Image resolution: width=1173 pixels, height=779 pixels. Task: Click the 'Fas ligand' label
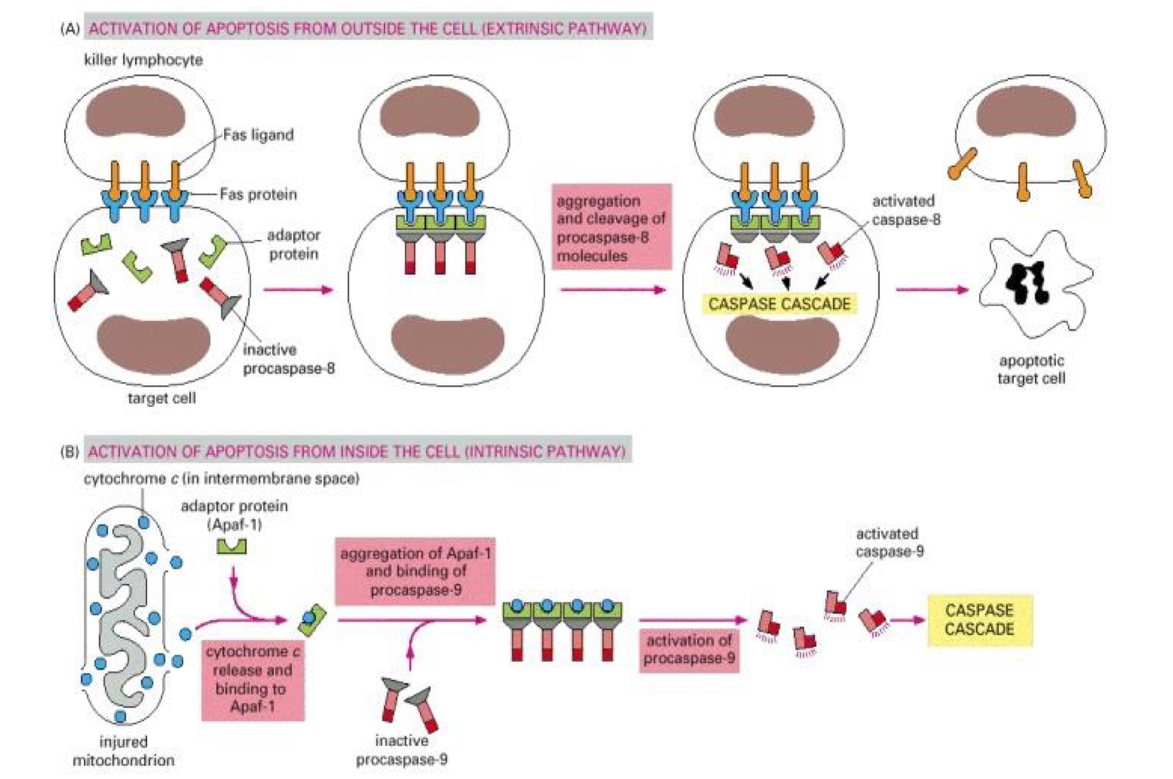[258, 135]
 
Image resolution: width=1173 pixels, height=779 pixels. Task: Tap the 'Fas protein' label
[258, 194]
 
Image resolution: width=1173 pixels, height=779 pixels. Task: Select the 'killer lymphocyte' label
[144, 60]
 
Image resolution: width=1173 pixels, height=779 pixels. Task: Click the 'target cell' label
[161, 398]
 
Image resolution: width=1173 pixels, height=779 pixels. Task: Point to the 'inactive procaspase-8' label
[288, 359]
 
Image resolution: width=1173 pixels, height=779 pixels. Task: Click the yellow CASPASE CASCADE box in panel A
[779, 304]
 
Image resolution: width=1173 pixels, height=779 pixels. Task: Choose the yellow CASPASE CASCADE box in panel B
[979, 620]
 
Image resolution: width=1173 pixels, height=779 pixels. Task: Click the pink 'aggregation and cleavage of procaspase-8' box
[611, 228]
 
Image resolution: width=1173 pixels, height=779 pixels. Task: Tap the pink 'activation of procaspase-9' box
[689, 649]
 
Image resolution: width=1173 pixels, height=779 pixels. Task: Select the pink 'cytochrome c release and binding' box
[253, 679]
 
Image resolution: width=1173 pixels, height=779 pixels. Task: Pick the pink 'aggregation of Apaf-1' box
[415, 571]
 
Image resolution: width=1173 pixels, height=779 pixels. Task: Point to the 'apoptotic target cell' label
[1031, 370]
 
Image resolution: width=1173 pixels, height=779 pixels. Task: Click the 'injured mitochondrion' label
[123, 751]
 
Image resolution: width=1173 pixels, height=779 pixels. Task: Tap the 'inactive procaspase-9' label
[402, 750]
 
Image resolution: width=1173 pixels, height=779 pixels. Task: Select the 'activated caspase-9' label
[889, 542]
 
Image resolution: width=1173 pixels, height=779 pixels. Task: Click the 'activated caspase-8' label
[906, 210]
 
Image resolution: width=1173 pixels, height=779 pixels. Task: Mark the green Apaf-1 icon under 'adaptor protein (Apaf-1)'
[231, 545]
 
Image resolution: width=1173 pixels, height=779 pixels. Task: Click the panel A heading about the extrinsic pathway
[367, 28]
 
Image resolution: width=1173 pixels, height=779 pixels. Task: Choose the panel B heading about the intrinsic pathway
[357, 451]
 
